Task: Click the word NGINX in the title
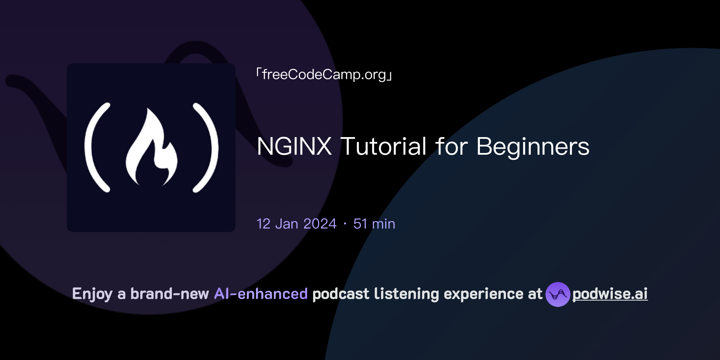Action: pyautogui.click(x=294, y=146)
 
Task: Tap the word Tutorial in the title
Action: pyautogui.click(x=384, y=146)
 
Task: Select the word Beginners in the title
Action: pyautogui.click(x=533, y=147)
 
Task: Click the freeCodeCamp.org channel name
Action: pyautogui.click(x=324, y=75)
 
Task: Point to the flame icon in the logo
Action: pyautogui.click(x=152, y=148)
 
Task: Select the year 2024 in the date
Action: pyautogui.click(x=320, y=224)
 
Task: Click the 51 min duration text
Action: pyautogui.click(x=374, y=224)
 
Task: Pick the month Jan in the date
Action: pyautogui.click(x=287, y=224)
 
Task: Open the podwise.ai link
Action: pyautogui.click(x=610, y=294)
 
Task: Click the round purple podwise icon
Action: pyautogui.click(x=558, y=294)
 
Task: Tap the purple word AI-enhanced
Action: pyautogui.click(x=261, y=294)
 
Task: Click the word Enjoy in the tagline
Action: pyautogui.click(x=92, y=294)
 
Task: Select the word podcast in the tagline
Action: pyautogui.click(x=341, y=294)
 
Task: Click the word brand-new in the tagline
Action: pyautogui.click(x=169, y=294)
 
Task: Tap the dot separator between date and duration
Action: pyautogui.click(x=345, y=224)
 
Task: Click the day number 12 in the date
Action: pyautogui.click(x=263, y=224)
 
